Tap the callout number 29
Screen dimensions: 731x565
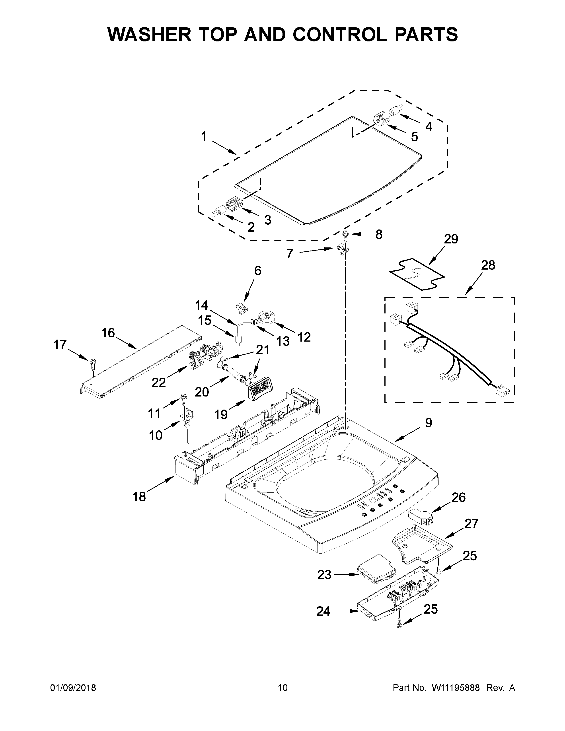point(451,239)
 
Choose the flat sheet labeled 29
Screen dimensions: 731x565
point(417,274)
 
